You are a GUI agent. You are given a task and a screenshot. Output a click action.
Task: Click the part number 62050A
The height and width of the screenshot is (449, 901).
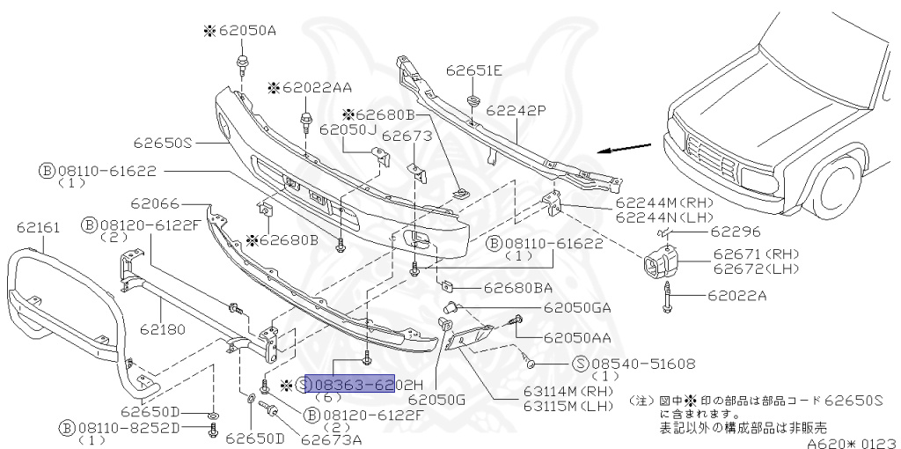239,30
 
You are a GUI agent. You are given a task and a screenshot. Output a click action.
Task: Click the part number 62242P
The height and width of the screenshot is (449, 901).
516,111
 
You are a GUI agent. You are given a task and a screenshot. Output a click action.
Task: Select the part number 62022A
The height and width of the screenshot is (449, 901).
731,295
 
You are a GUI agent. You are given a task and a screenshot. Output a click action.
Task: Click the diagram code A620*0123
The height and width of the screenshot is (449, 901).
850,441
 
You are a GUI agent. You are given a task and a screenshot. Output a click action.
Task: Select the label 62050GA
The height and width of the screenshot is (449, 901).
577,307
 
